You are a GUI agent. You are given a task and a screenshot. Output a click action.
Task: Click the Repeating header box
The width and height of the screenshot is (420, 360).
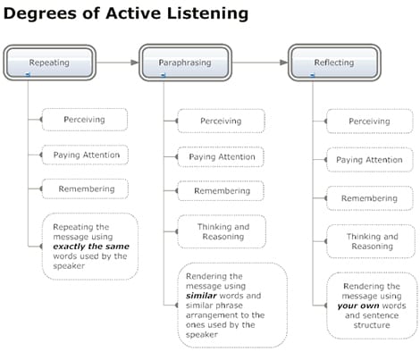[x=49, y=63]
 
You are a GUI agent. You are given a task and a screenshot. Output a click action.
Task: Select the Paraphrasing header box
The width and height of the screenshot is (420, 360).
[x=185, y=63]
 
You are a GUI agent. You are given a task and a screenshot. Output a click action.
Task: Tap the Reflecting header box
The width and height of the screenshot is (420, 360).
[x=334, y=63]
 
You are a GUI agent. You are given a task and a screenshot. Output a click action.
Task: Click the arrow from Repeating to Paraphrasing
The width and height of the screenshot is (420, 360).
[x=118, y=63]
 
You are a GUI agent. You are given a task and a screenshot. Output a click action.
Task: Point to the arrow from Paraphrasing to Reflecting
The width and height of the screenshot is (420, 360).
[x=260, y=63]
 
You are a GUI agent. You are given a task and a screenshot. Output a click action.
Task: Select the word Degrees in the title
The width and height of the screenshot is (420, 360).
[x=40, y=13]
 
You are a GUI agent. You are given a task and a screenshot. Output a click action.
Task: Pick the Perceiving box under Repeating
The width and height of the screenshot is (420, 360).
[x=85, y=120]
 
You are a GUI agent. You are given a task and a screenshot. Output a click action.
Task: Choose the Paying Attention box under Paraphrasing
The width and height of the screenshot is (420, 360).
[x=221, y=156]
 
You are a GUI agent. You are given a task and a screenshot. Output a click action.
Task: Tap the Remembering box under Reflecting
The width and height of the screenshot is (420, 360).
[x=370, y=198]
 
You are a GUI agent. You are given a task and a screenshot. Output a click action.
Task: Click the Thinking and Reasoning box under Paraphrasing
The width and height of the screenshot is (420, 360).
[x=222, y=231]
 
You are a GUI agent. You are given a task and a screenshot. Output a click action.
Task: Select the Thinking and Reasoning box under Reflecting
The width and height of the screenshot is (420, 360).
[x=371, y=241]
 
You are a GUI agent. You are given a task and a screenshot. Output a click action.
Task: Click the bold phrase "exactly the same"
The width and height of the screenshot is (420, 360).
[x=91, y=247]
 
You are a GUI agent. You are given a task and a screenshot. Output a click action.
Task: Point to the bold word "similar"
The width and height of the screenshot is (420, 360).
[x=201, y=296]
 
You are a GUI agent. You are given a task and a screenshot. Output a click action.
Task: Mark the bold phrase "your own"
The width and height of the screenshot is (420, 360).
[x=358, y=306]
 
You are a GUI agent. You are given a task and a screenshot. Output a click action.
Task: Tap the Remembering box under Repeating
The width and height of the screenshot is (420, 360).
[x=85, y=188]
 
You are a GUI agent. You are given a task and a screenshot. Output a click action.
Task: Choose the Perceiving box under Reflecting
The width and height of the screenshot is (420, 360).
[x=370, y=121]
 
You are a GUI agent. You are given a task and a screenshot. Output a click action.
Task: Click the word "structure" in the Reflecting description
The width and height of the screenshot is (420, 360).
[x=372, y=325]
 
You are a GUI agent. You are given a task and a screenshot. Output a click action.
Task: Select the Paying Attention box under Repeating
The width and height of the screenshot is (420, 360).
[x=85, y=155]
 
